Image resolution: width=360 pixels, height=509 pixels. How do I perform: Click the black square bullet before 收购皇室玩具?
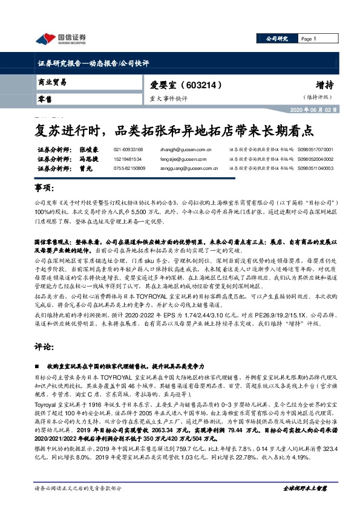click(x=38, y=366)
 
